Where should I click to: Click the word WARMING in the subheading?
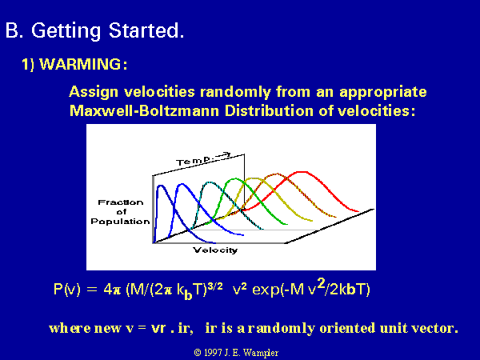(80, 64)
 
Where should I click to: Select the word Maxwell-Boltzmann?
(144, 110)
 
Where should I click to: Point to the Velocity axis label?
(215, 250)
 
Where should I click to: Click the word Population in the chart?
(120, 222)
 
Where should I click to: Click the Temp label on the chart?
(193, 161)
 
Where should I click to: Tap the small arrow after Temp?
(223, 155)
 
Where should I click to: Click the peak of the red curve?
(302, 172)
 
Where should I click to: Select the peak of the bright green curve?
(234, 179)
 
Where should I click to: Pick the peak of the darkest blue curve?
(161, 186)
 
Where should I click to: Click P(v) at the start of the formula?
(66, 289)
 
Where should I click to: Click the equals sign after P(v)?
(91, 290)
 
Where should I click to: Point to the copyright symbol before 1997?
(198, 353)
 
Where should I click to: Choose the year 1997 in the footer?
(213, 353)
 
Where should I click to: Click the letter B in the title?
(12, 30)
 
